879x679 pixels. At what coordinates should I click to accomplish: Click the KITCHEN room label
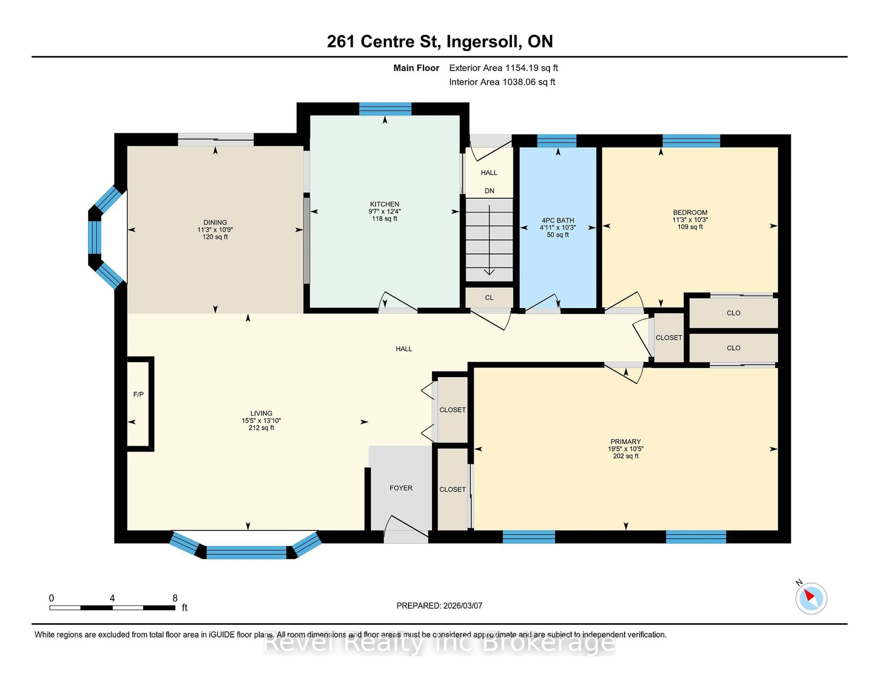(x=384, y=204)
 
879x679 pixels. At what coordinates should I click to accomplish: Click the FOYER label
(x=401, y=488)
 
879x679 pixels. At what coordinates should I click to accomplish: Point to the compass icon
(x=811, y=598)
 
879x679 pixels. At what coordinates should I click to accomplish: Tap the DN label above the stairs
(x=489, y=191)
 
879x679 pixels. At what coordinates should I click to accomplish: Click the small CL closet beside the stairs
(x=489, y=298)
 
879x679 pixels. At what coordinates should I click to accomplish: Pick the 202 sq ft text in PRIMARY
(x=625, y=456)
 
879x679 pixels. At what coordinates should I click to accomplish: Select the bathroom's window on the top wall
(x=557, y=141)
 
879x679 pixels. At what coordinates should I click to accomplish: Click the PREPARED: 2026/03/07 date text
(x=439, y=606)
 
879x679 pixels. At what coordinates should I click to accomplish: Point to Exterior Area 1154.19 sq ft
(x=503, y=68)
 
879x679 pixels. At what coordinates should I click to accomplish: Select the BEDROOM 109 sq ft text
(x=690, y=227)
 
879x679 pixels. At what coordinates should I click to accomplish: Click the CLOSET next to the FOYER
(x=452, y=489)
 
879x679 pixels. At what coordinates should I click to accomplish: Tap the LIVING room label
(x=261, y=413)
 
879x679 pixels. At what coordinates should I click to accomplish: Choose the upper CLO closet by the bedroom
(x=733, y=313)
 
